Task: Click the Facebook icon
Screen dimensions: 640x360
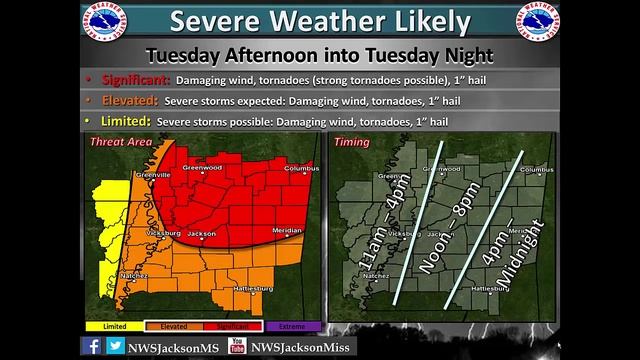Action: [x=92, y=345]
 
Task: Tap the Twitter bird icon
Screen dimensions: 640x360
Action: [x=116, y=345]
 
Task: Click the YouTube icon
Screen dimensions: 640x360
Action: [x=237, y=345]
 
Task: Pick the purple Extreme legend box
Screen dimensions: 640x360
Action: [x=293, y=326]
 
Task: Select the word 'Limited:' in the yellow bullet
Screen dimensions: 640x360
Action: [x=123, y=121]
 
